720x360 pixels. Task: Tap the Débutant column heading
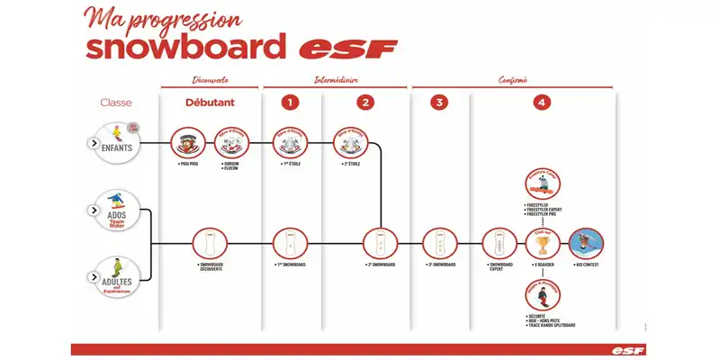tap(210, 103)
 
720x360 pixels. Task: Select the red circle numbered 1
tap(289, 103)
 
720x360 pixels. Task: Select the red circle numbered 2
tap(364, 103)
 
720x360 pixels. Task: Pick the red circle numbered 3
tap(439, 103)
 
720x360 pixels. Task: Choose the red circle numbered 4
tap(540, 103)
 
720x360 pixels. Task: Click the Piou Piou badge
tap(187, 143)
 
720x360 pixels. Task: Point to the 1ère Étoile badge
tap(289, 143)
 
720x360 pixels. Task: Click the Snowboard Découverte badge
tap(210, 243)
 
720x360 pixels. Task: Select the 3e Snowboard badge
tap(439, 243)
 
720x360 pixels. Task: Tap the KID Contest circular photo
tap(587, 243)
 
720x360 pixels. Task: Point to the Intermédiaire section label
tap(335, 80)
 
